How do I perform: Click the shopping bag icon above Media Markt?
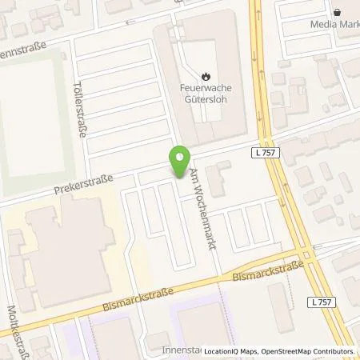pos(339,12)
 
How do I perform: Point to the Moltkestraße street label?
pos(11,328)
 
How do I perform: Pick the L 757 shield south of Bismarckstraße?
pos(321,302)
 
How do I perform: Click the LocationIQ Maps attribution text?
pos(233,351)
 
